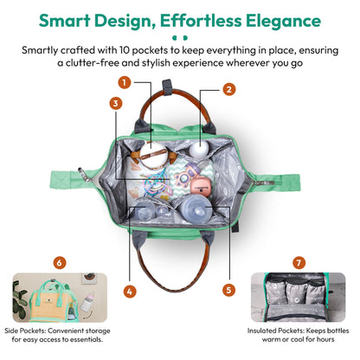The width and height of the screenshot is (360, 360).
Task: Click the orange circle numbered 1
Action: tap(125, 83)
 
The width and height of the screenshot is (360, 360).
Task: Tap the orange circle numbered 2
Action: tap(229, 89)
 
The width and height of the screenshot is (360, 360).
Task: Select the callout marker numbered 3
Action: tap(116, 103)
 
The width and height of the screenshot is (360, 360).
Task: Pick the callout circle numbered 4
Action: tap(130, 292)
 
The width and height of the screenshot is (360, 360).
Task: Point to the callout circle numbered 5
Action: tap(228, 290)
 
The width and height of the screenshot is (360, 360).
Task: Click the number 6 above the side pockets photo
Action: tap(60, 263)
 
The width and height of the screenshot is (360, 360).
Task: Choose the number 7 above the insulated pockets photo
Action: tap(299, 263)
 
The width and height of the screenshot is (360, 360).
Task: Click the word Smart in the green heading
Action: tap(65, 21)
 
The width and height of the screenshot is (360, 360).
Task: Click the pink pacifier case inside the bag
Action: tap(201, 187)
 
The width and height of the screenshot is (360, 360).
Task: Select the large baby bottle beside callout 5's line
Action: tap(196, 209)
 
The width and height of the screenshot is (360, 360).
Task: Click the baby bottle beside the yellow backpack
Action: tap(87, 301)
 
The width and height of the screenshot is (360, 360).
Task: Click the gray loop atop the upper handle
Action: tap(167, 86)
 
